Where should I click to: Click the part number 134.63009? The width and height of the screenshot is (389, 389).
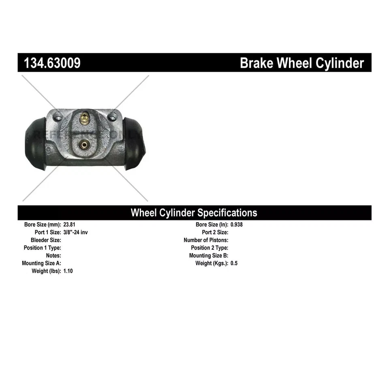52,63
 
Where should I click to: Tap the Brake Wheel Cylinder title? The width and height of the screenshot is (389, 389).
302,63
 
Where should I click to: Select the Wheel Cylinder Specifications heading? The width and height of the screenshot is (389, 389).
194,213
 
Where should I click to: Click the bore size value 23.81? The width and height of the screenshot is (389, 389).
70,224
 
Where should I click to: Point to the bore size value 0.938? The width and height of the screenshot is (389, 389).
237,224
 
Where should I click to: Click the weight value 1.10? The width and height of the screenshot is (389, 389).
68,271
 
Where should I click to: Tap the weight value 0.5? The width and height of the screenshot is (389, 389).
234,263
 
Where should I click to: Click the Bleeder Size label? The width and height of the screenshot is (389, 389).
46,240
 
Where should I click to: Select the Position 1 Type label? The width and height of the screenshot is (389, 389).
43,248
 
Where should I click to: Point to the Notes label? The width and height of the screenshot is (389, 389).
53,256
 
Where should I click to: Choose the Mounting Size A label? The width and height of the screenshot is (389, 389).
41,263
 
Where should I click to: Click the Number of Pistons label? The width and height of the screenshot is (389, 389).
206,240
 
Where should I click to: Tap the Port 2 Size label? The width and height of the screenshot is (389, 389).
215,232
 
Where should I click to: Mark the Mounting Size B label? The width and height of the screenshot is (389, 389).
209,256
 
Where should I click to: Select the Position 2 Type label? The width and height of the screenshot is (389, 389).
209,248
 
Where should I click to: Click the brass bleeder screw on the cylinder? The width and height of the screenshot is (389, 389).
84,118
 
